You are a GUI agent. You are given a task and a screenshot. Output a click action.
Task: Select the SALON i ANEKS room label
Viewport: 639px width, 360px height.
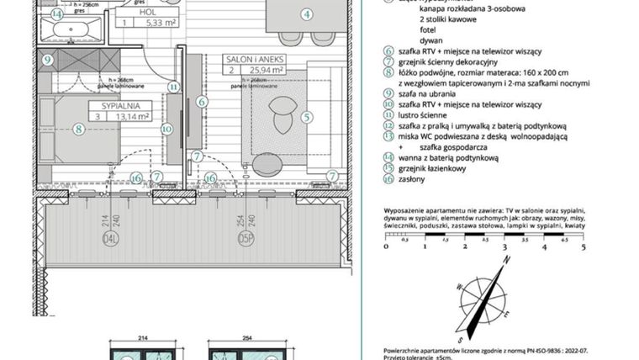click(254, 61)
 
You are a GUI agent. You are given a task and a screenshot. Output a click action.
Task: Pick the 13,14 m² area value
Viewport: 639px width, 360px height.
click(133, 117)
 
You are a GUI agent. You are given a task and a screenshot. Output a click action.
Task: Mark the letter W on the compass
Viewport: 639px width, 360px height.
click(459, 287)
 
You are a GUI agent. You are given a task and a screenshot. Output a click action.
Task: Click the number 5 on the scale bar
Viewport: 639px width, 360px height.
click(582, 247)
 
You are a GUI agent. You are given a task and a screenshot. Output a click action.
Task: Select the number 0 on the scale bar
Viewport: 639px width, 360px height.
click(386, 247)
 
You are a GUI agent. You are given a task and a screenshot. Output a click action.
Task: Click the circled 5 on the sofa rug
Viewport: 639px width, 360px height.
click(306, 118)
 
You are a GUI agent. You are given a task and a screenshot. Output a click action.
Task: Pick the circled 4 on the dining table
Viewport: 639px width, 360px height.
click(306, 13)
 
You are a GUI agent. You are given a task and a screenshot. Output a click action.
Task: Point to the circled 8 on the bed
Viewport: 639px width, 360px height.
click(77, 129)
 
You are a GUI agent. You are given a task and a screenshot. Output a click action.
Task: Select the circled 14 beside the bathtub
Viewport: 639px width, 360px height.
click(56, 14)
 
